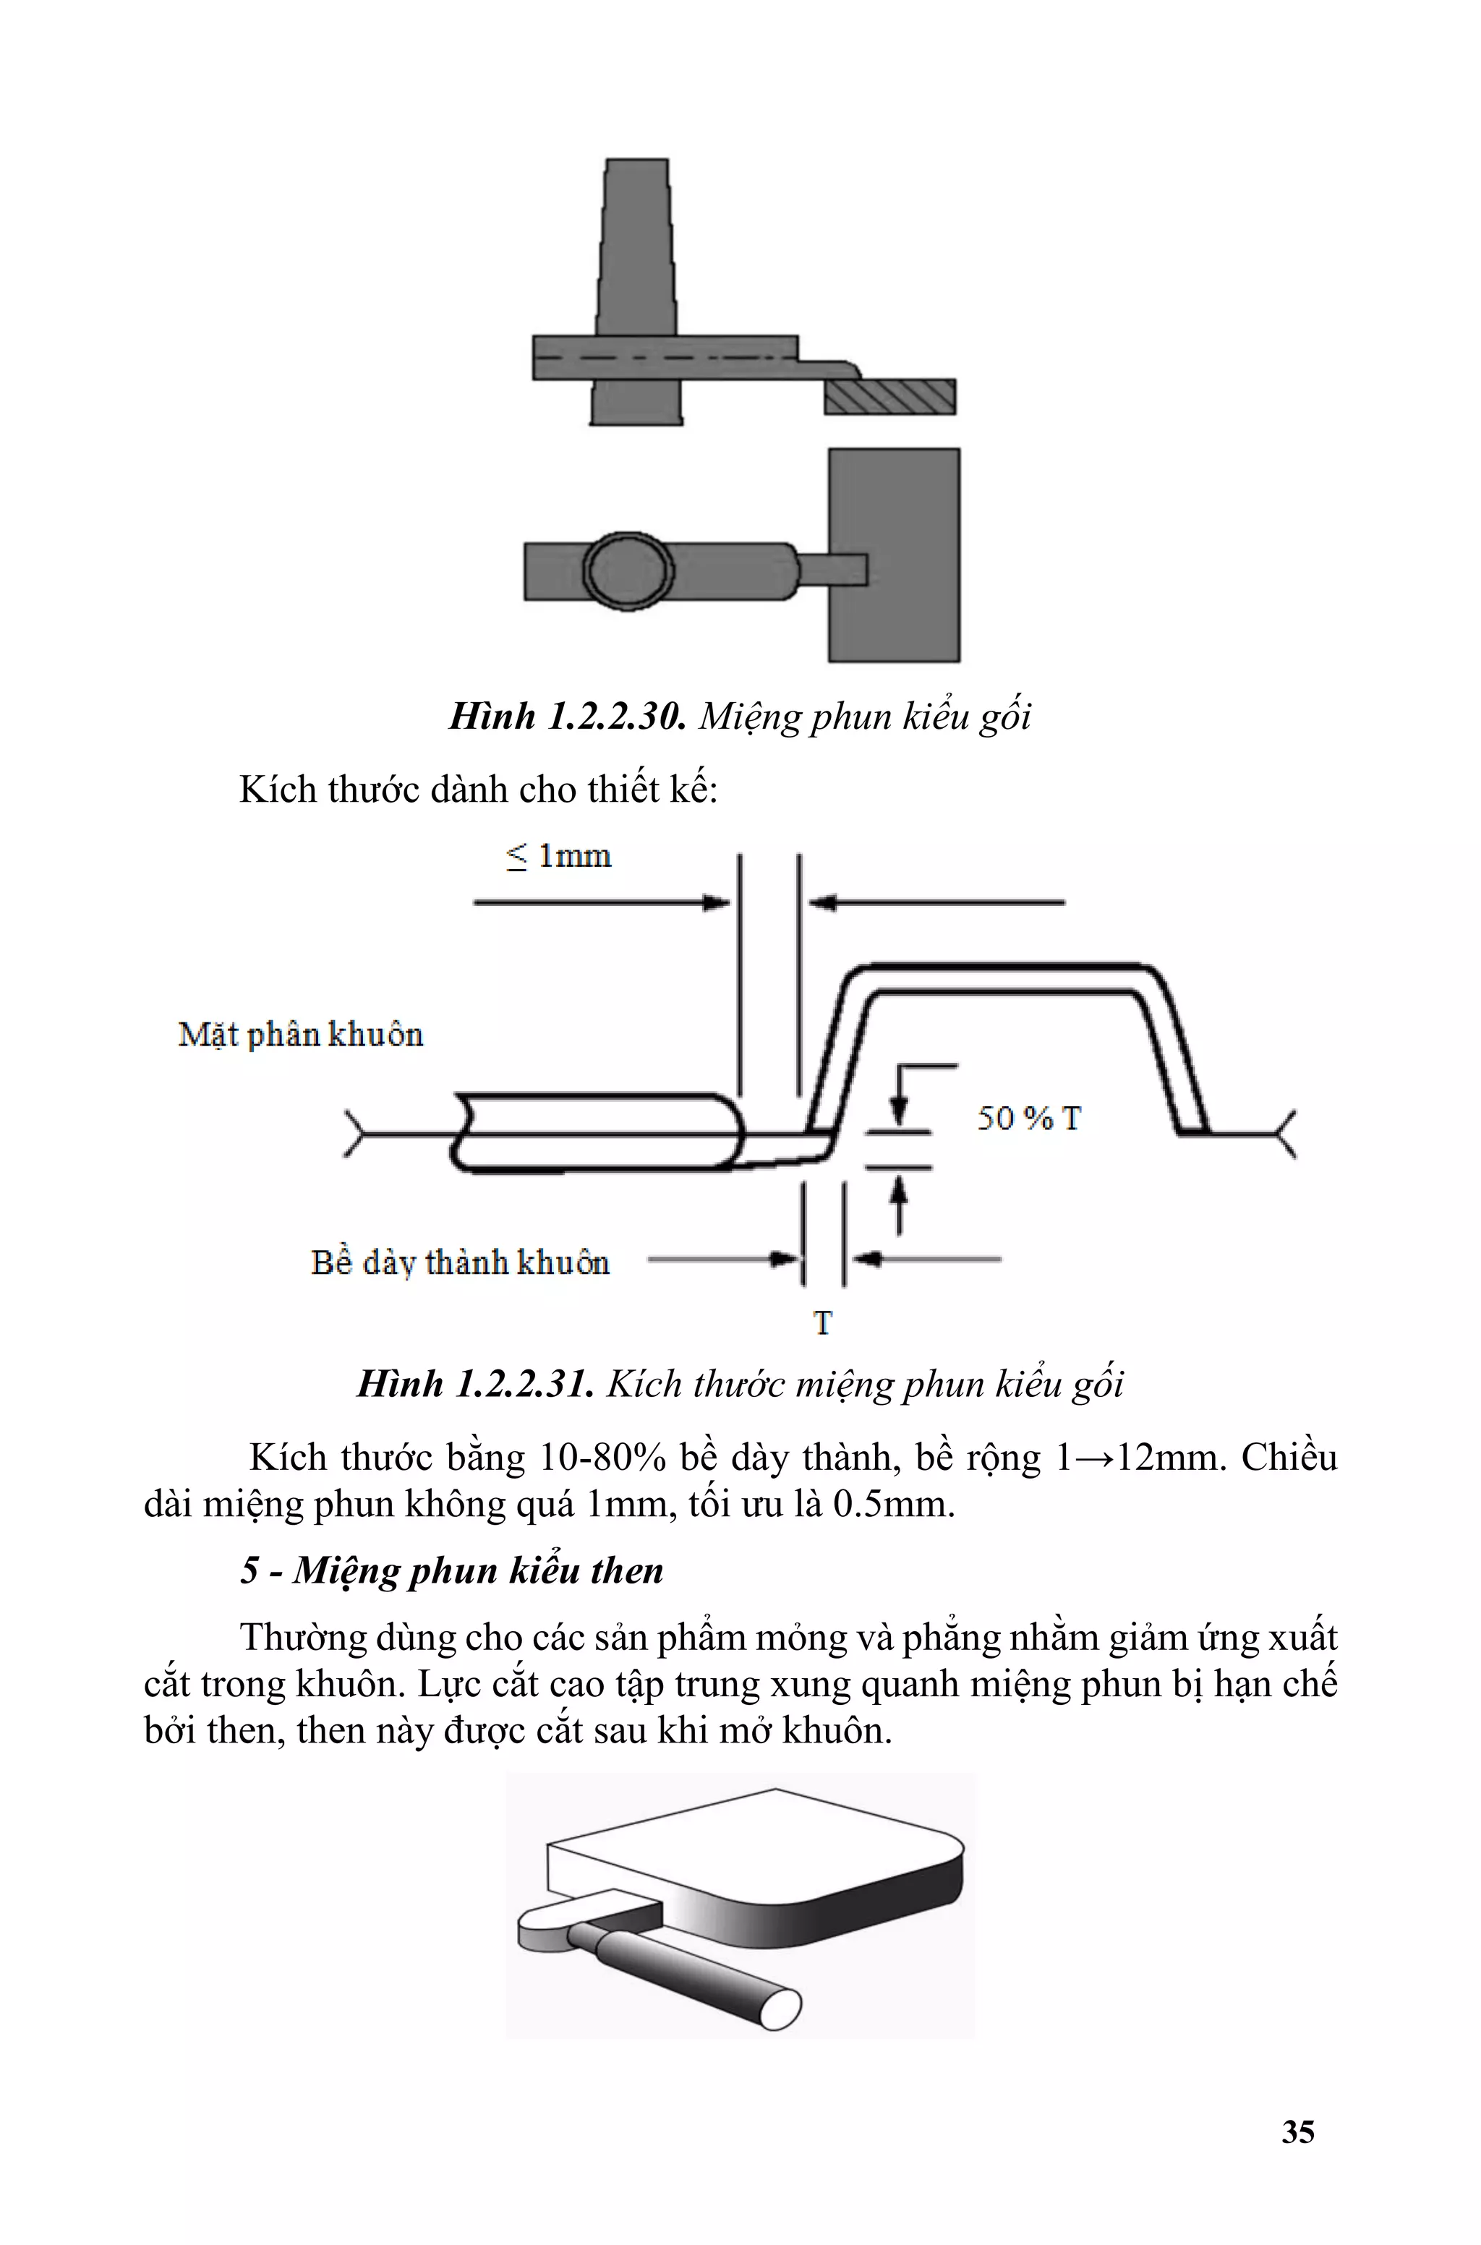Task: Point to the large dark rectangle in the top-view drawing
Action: click(x=894, y=555)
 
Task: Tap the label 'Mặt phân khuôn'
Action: click(x=300, y=1035)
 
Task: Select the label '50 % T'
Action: click(x=1028, y=1119)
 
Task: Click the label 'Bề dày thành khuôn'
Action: click(x=460, y=1263)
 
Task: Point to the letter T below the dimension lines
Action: click(x=823, y=1324)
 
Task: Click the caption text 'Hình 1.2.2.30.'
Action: click(x=567, y=717)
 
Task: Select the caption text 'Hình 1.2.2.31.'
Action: click(x=475, y=1384)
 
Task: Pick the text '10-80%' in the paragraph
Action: click(x=602, y=1458)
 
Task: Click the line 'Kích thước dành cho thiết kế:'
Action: click(x=478, y=790)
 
